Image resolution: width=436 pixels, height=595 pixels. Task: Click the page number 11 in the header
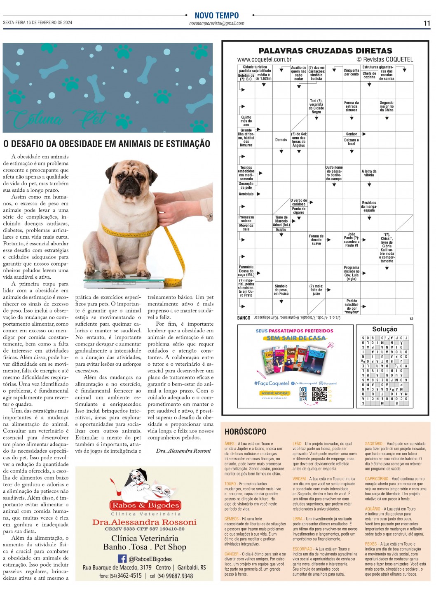(x=427, y=23)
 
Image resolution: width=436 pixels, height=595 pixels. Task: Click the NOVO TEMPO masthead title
(x=217, y=16)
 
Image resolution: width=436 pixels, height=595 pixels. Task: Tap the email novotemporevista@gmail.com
(x=217, y=24)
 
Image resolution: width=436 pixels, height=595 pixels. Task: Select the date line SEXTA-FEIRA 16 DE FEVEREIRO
(x=38, y=23)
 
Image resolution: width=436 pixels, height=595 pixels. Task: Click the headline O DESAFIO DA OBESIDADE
(x=106, y=144)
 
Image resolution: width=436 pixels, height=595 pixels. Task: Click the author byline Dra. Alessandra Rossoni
(x=183, y=451)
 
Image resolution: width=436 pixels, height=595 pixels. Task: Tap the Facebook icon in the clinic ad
(x=122, y=558)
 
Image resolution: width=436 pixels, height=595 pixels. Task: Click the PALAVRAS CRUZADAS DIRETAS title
(x=325, y=51)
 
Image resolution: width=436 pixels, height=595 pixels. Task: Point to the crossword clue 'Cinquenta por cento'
(x=352, y=72)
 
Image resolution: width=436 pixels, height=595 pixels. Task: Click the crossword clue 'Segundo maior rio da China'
(x=387, y=106)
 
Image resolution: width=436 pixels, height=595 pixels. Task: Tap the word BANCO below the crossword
(x=244, y=318)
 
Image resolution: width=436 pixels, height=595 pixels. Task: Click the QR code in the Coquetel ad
(x=319, y=394)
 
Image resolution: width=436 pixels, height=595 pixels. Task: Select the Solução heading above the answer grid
(x=384, y=329)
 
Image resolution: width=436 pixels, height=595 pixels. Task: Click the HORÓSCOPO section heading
(x=245, y=432)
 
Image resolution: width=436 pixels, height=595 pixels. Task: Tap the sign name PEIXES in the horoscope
(x=371, y=544)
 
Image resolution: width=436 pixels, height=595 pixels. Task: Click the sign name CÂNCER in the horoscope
(x=232, y=554)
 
